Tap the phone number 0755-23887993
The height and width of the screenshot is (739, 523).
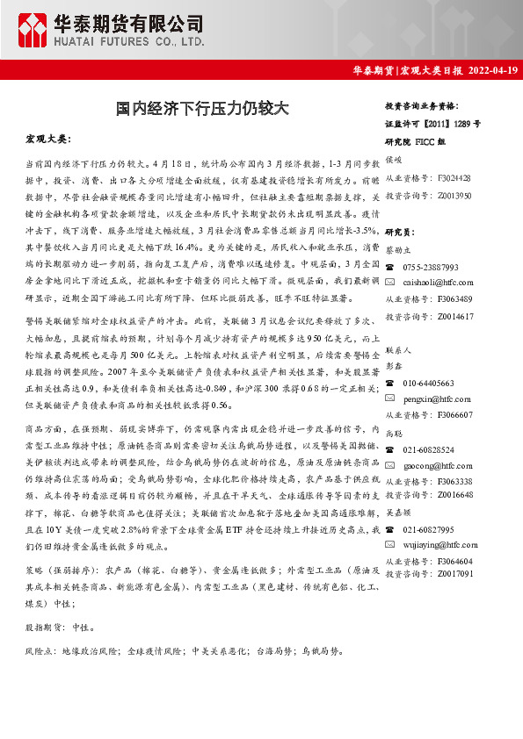431,266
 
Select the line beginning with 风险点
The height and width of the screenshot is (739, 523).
176,652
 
